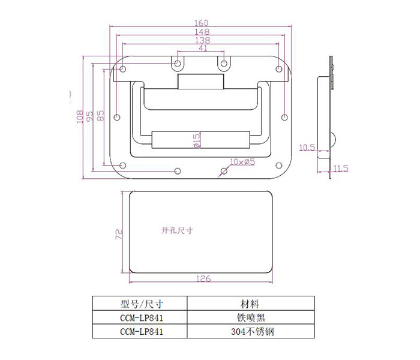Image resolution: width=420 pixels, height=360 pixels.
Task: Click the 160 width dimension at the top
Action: [x=202, y=23]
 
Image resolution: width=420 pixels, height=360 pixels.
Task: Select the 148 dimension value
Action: [x=202, y=32]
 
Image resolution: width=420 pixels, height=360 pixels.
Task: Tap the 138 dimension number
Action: [x=202, y=40]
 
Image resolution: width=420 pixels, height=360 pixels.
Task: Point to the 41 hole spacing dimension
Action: [x=203, y=48]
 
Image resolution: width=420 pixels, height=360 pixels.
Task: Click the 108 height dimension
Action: [x=80, y=116]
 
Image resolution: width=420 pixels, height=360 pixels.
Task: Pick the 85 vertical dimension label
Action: [x=100, y=116]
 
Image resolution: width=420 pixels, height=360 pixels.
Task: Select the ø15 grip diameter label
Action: [x=197, y=141]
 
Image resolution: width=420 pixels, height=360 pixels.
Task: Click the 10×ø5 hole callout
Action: [x=242, y=162]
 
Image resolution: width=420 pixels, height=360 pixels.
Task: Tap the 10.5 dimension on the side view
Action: [x=307, y=148]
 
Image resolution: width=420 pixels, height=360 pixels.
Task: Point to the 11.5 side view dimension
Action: [x=341, y=168]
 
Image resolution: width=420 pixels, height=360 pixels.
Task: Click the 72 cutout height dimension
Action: [x=119, y=234]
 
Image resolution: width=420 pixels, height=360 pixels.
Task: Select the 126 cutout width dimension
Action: [x=203, y=278]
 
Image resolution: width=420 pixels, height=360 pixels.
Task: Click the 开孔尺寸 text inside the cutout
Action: [x=177, y=230]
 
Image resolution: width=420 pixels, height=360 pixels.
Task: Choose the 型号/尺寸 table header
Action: [x=142, y=304]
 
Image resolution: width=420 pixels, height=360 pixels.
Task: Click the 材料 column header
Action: [x=250, y=304]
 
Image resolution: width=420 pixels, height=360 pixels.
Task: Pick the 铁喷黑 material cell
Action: [x=251, y=317]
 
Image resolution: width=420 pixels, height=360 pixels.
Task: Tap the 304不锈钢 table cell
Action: [x=253, y=332]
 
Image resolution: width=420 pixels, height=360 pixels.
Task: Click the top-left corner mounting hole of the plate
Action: [x=122, y=69]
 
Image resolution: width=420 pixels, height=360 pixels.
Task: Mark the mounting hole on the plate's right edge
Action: [x=285, y=117]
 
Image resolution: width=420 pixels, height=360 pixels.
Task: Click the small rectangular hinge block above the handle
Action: [x=200, y=82]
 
